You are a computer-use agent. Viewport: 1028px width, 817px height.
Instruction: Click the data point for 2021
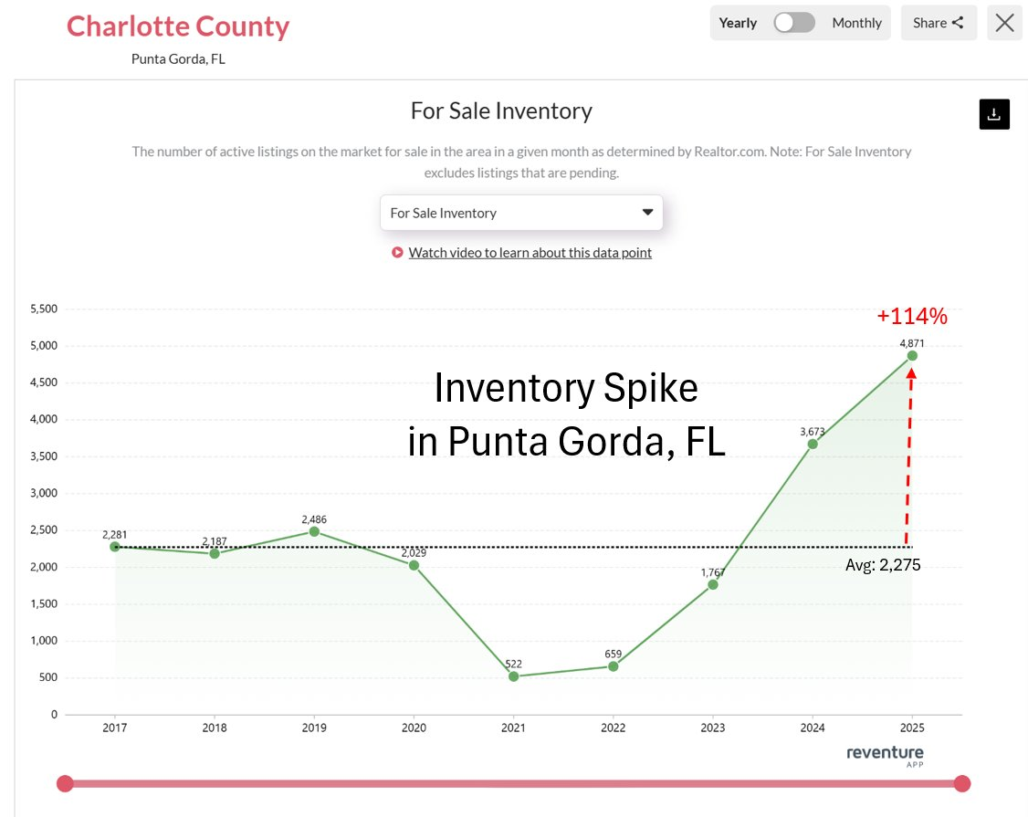click(x=513, y=676)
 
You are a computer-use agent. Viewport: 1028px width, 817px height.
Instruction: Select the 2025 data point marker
click(x=912, y=356)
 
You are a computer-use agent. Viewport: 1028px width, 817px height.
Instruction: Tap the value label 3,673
click(x=813, y=431)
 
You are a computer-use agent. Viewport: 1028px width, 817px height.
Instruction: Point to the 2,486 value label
click(x=314, y=519)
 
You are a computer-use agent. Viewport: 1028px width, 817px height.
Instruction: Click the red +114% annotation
click(x=912, y=317)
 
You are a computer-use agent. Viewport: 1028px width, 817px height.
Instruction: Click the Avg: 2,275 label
click(x=883, y=565)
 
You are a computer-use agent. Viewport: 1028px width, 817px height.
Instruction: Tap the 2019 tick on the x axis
click(x=314, y=728)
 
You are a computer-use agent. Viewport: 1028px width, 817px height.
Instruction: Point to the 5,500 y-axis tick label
click(x=44, y=309)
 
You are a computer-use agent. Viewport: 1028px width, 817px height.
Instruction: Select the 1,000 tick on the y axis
click(x=44, y=641)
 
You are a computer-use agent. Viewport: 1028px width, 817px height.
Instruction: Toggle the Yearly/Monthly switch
click(x=794, y=23)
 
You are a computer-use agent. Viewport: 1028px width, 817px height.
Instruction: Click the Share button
click(x=939, y=23)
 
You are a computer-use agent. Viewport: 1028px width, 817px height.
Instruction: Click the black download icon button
click(x=994, y=114)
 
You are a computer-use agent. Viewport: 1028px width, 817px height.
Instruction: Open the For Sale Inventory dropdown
click(x=521, y=213)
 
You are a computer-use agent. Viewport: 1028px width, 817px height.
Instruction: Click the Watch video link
click(x=530, y=253)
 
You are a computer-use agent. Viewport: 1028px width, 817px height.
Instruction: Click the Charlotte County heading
click(x=178, y=26)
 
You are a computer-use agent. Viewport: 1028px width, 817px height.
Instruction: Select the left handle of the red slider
click(x=65, y=783)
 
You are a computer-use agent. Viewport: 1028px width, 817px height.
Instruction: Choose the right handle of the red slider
click(x=961, y=783)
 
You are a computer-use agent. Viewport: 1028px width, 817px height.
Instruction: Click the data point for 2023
click(x=713, y=584)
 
